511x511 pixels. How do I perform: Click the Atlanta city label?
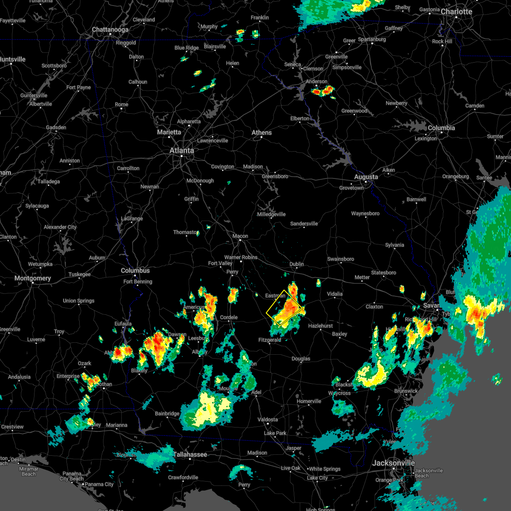pyautogui.click(x=182, y=150)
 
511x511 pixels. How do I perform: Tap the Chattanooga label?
pyautogui.click(x=110, y=30)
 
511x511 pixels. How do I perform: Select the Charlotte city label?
pyautogui.click(x=456, y=11)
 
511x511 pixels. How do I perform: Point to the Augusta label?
pyautogui.click(x=366, y=177)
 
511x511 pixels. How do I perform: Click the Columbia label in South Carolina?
pyautogui.click(x=441, y=128)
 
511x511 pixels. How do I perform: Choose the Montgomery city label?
pyautogui.click(x=33, y=278)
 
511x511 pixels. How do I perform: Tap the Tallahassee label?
pyautogui.click(x=190, y=454)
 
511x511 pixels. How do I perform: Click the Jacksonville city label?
pyautogui.click(x=393, y=463)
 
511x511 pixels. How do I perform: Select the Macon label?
pyautogui.click(x=240, y=236)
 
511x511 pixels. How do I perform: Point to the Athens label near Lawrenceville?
pyautogui.click(x=261, y=132)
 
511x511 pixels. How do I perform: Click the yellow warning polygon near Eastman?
pyautogui.click(x=284, y=309)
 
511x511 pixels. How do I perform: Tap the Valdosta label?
pyautogui.click(x=268, y=419)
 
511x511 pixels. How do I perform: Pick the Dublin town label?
pyautogui.click(x=297, y=264)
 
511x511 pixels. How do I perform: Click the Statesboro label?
pyautogui.click(x=383, y=273)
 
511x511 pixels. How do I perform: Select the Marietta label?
pyautogui.click(x=169, y=132)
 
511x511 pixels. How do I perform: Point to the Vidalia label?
pyautogui.click(x=335, y=294)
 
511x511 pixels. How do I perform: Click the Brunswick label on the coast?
pyautogui.click(x=406, y=391)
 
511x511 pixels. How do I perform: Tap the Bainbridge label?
pyautogui.click(x=167, y=413)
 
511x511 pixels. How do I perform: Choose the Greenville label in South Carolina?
pyautogui.click(x=336, y=57)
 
